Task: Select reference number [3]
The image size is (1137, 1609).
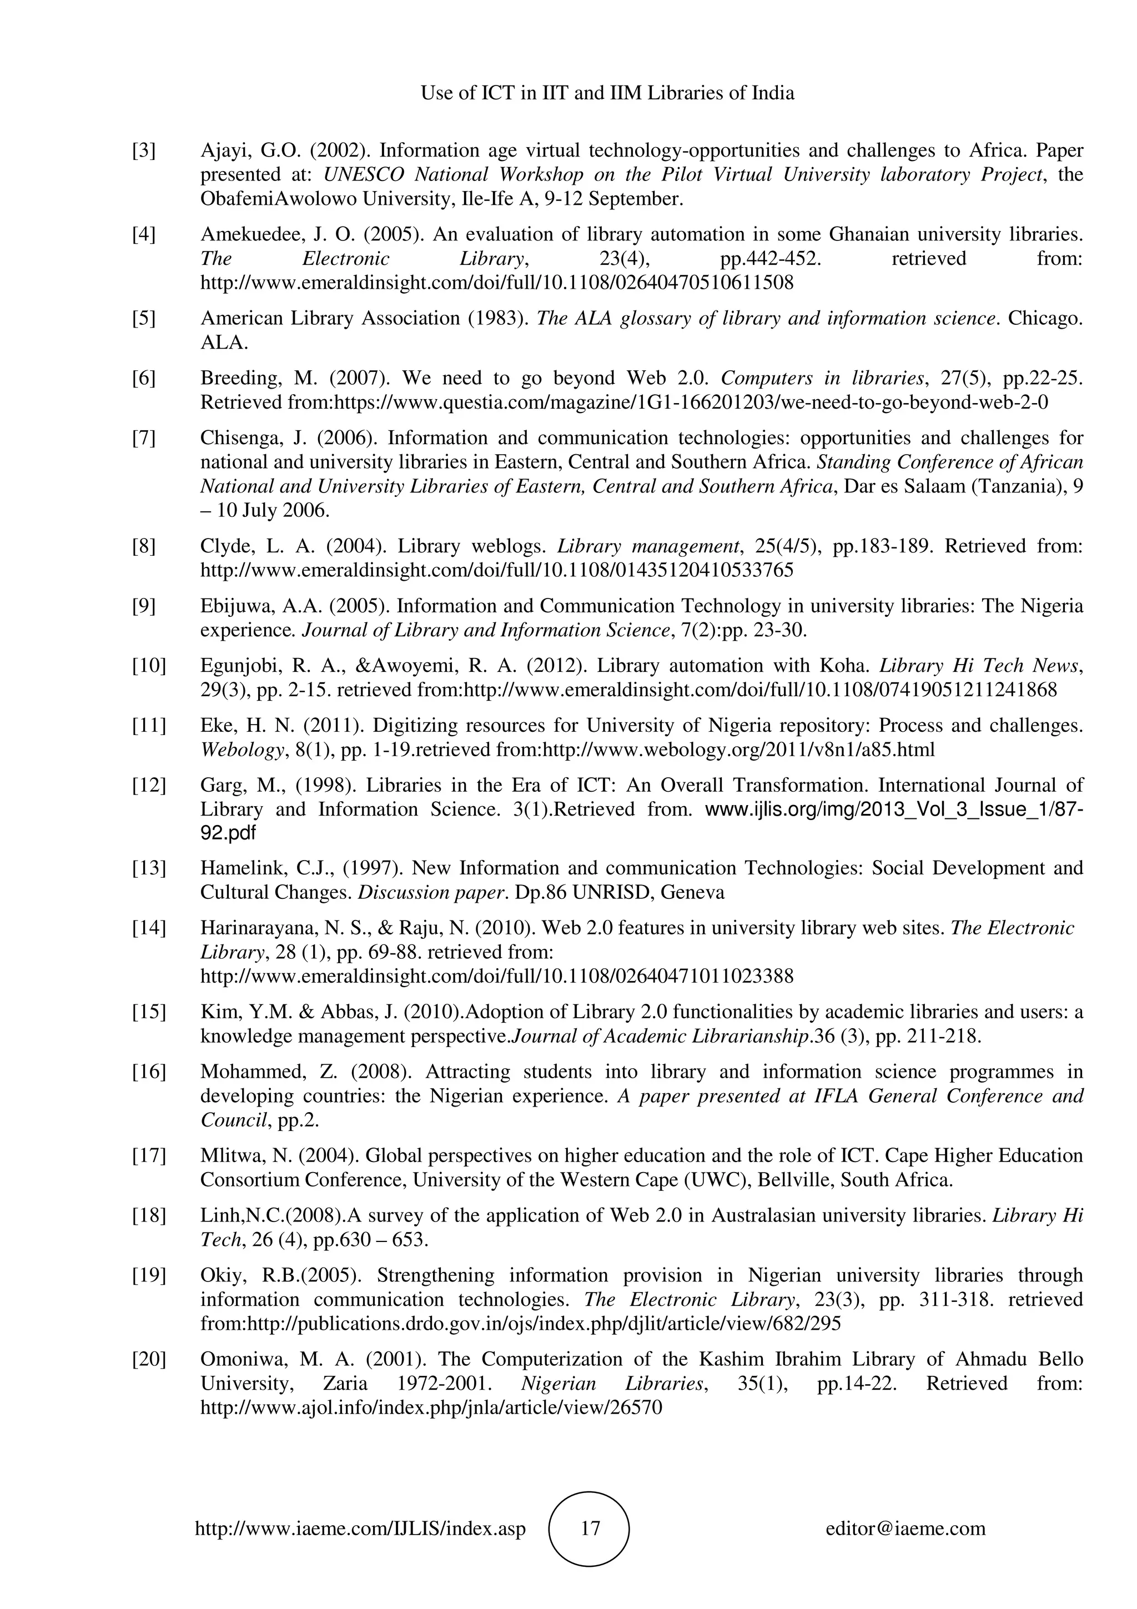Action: [x=144, y=150]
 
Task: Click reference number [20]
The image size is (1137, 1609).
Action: [x=149, y=1360]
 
